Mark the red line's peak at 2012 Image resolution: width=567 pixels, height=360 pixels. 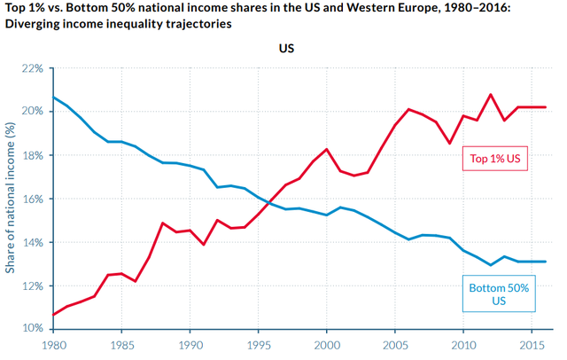[x=491, y=94]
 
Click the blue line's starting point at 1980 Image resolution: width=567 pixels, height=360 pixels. [x=53, y=97]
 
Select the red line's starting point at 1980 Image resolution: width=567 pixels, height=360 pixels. [x=53, y=315]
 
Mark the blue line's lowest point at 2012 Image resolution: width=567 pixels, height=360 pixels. [x=491, y=265]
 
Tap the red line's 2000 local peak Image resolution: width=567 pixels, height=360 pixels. [x=327, y=149]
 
